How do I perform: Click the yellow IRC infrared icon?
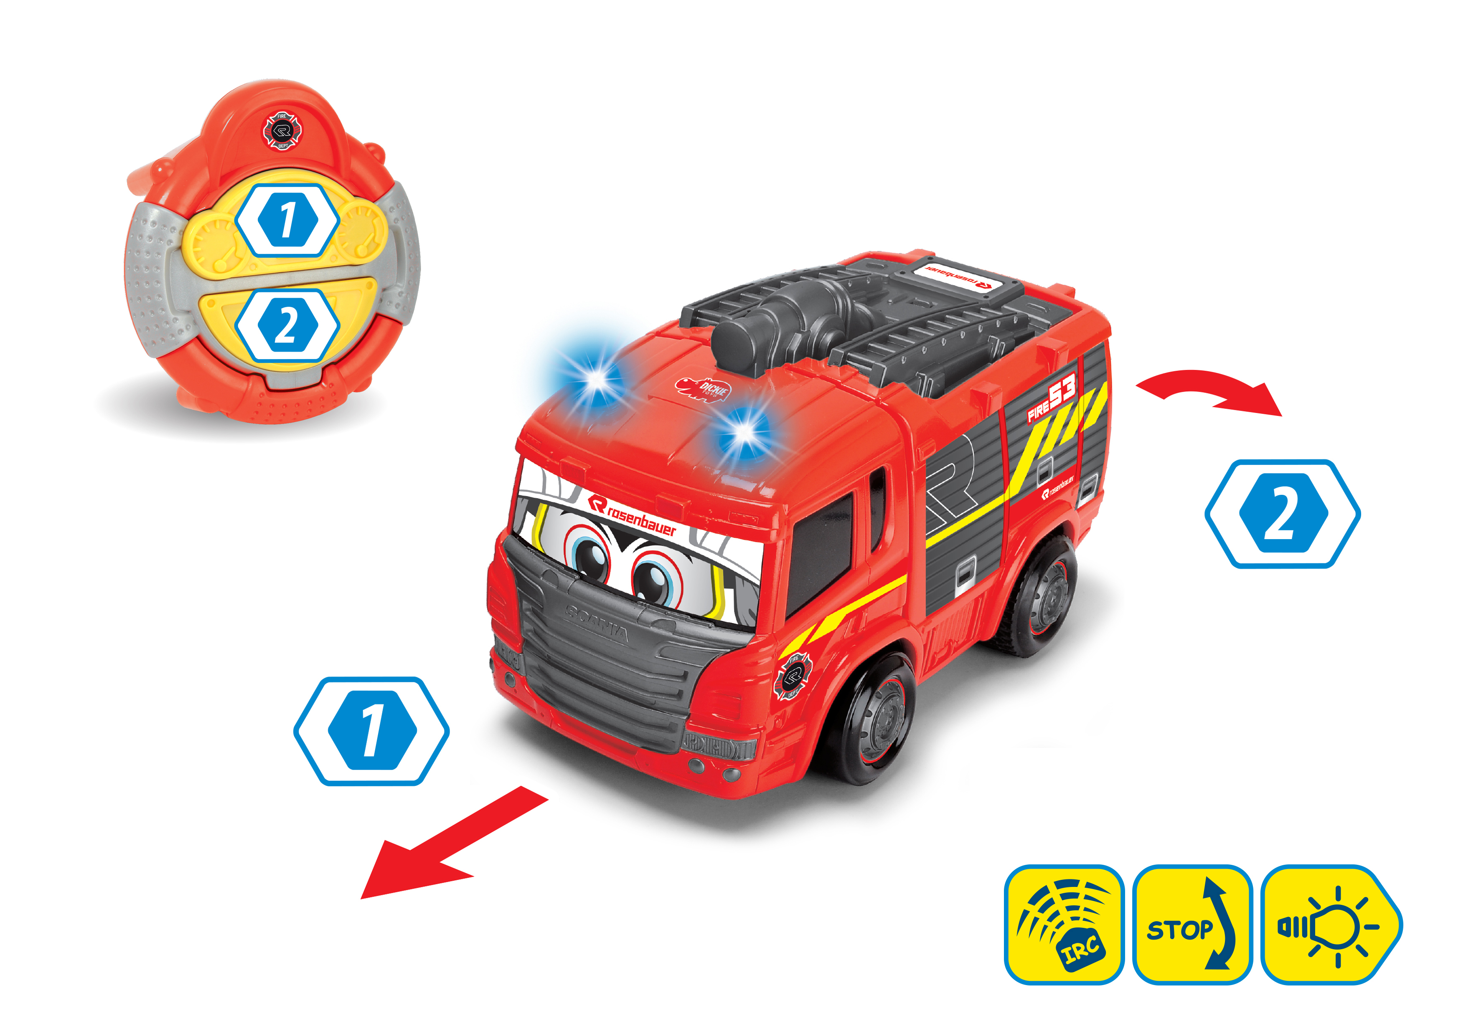tap(1063, 924)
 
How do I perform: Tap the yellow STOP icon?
tap(1192, 924)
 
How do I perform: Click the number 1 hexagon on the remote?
tap(287, 220)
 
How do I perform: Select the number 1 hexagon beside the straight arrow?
tap(371, 731)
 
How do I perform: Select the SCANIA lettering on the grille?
tap(597, 622)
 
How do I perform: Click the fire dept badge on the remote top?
tap(282, 131)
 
